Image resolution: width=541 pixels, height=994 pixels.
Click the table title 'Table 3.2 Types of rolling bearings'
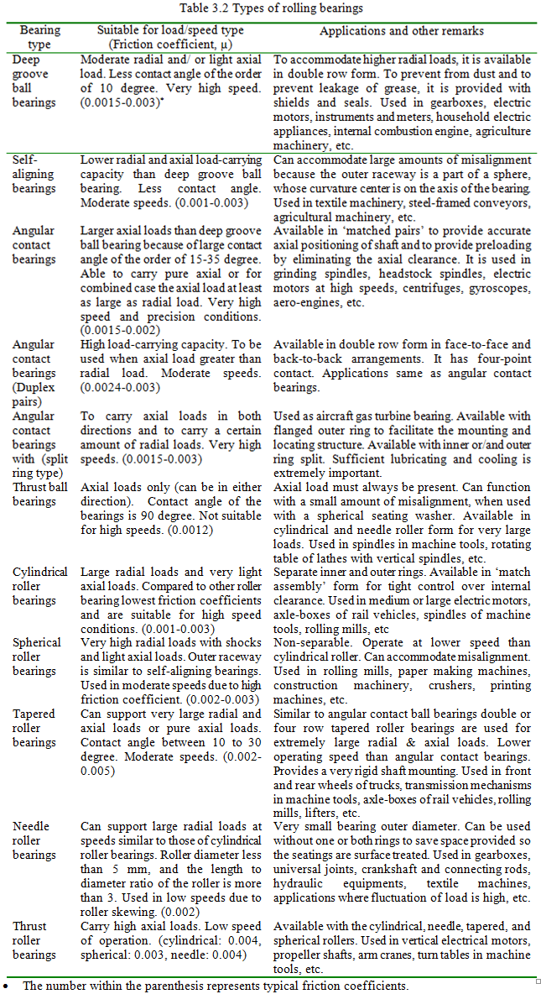click(271, 8)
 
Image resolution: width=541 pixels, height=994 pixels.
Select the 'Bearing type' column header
click(39, 38)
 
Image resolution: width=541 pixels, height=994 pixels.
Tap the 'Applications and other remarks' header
click(401, 31)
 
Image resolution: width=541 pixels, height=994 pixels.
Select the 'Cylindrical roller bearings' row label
click(40, 587)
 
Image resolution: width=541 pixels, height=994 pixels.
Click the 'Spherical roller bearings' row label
click(37, 657)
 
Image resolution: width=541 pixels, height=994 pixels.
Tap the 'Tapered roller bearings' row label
click(34, 728)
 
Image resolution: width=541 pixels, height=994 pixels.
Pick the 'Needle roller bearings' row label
click(34, 840)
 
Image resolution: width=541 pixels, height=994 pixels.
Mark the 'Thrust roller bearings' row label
click(34, 940)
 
